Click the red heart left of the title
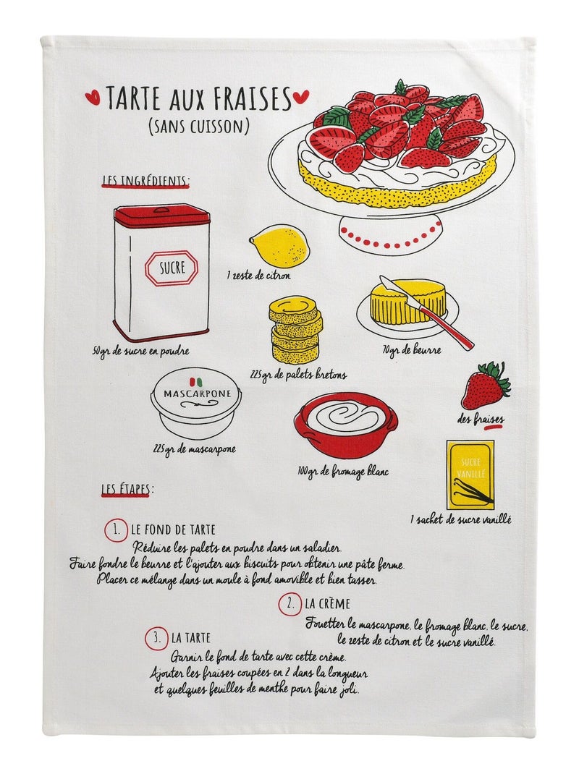coord(93,97)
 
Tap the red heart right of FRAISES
coord(301,96)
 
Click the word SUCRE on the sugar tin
coord(172,268)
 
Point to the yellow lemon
coord(279,246)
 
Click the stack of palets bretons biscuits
coord(295,328)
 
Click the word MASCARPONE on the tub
coord(197,394)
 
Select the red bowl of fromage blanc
coord(346,425)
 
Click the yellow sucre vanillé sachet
coord(470,475)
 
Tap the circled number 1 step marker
coord(116,530)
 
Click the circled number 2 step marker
coord(289,604)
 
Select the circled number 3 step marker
coord(156,638)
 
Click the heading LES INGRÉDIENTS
coord(145,181)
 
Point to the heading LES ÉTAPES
coord(127,489)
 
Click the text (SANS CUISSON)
coord(198,127)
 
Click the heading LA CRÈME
coord(327,604)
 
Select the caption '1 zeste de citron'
coord(259,276)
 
